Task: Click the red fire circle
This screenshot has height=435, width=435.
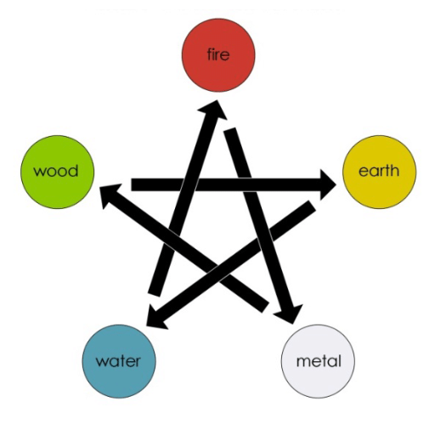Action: point(218,55)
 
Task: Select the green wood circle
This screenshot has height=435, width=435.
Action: point(57,172)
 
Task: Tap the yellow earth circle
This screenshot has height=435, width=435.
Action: point(379,172)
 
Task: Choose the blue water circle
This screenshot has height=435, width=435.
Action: point(119,361)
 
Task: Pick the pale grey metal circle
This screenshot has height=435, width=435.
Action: point(318,361)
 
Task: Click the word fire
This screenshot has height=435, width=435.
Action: point(218,54)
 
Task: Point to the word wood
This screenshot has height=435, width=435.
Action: point(56,171)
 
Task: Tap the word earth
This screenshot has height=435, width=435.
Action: point(379,171)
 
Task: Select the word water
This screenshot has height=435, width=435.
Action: point(118,361)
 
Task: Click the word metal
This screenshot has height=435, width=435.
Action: point(319,361)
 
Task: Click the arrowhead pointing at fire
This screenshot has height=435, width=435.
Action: point(214,110)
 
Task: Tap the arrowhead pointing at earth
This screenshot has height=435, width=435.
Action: point(328,184)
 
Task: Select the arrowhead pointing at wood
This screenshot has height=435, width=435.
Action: point(110,195)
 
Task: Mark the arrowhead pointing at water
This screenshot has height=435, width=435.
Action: point(156,317)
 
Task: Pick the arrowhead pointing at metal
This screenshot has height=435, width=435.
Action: point(290,314)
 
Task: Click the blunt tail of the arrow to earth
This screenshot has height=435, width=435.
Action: point(132,184)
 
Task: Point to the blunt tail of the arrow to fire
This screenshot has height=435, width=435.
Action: point(154,295)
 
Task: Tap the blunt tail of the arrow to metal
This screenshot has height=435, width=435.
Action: point(230,130)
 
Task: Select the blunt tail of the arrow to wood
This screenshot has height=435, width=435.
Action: point(264,307)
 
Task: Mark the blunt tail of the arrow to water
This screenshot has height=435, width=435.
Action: point(312,206)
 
